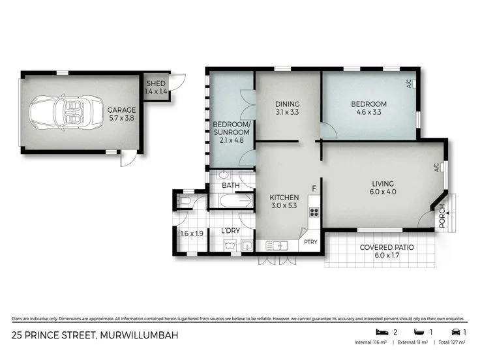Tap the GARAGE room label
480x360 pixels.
(122, 110)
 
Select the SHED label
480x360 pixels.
(155, 83)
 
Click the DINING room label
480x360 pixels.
(287, 104)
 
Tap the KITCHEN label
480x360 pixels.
(284, 198)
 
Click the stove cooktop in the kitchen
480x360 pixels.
(314, 211)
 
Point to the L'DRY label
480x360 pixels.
(231, 231)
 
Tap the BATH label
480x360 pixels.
(230, 185)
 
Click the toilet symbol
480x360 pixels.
(183, 202)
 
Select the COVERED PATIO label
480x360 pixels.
(387, 248)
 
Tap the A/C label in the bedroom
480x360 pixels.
(409, 83)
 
